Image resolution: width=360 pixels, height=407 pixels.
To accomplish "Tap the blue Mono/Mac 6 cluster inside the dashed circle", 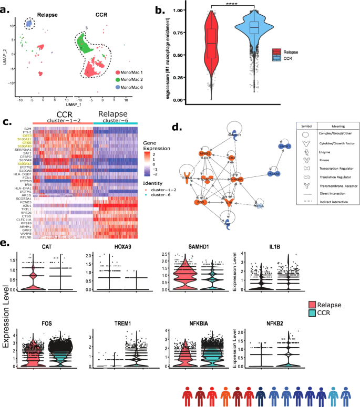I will [x=29, y=24].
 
